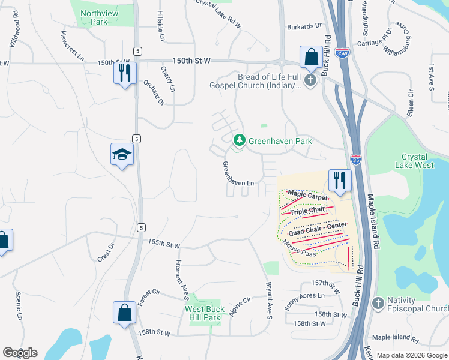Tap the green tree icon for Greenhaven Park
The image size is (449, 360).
pos(240,140)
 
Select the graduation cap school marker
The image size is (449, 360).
pos(122,154)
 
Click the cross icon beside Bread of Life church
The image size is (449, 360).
pos(310,80)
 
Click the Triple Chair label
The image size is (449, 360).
pos(307,211)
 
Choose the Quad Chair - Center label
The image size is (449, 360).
pos(318,227)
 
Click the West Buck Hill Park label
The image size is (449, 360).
pos(205,314)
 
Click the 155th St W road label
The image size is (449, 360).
pos(164,244)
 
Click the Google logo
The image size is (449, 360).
pos(20,353)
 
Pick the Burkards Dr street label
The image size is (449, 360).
pos(304,26)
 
